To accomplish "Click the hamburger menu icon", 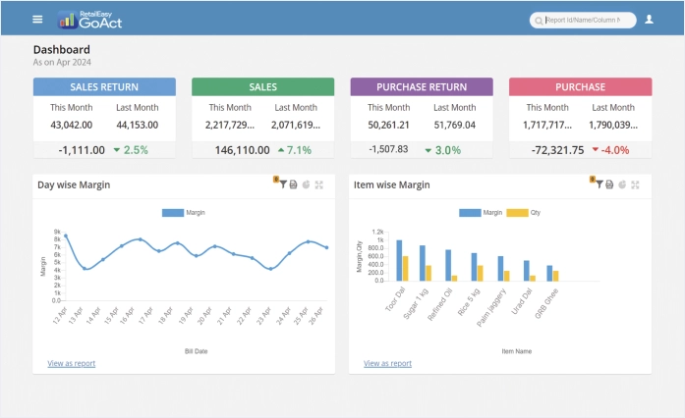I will tap(37, 19).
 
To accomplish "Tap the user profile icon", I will tap(649, 19).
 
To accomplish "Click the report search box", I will tap(583, 20).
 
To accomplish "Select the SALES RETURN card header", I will tap(104, 87).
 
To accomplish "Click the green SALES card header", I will tap(262, 87).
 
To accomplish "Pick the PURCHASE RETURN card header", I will tap(422, 87).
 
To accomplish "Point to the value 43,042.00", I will tap(71, 125).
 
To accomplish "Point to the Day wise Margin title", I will tap(74, 184).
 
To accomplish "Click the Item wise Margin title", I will tap(392, 184).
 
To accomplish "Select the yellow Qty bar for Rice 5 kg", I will tap(480, 273).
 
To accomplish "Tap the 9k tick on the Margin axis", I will tap(57, 232).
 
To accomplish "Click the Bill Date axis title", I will tap(196, 350).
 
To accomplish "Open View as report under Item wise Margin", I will tap(387, 363).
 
